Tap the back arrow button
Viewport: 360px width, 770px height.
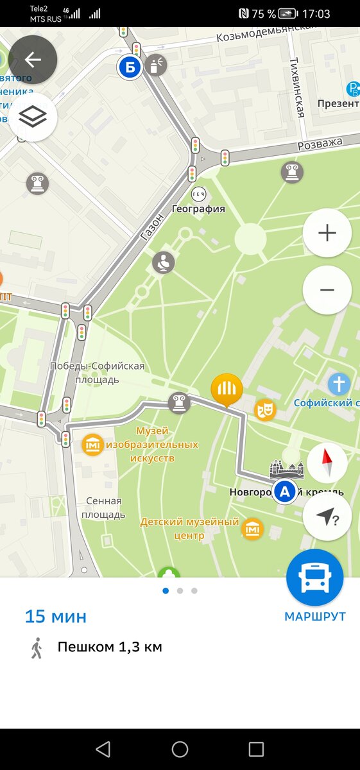point(33,60)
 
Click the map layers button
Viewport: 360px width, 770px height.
point(33,117)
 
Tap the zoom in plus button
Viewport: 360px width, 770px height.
point(327,233)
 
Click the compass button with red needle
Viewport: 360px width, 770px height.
point(327,462)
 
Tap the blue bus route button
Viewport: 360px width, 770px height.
point(314,578)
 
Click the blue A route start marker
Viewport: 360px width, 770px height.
point(284,492)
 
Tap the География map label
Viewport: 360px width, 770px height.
point(198,209)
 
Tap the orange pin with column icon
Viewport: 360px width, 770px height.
point(227,389)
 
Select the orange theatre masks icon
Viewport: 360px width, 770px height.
point(264,409)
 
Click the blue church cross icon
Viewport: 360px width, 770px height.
point(339,384)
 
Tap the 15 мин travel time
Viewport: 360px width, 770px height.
point(56,617)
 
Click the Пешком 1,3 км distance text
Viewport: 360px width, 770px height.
point(110,647)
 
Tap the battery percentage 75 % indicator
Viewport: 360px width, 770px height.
point(263,14)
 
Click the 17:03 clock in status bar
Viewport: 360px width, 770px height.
point(316,14)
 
